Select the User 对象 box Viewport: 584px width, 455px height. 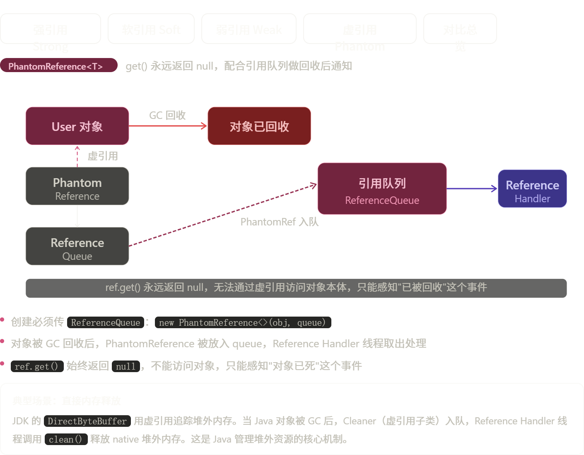[x=77, y=126]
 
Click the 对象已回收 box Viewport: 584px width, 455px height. [x=259, y=126]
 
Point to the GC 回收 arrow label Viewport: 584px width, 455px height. [x=167, y=115]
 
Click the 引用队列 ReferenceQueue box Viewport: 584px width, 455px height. [x=382, y=189]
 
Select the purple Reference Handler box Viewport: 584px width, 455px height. [x=532, y=189]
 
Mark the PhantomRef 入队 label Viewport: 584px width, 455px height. [x=280, y=222]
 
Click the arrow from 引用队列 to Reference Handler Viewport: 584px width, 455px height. [x=472, y=189]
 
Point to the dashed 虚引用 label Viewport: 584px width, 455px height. [x=103, y=156]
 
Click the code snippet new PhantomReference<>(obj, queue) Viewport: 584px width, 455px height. [x=243, y=322]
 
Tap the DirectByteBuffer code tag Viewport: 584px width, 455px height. [x=87, y=421]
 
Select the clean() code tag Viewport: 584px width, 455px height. [x=65, y=439]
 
